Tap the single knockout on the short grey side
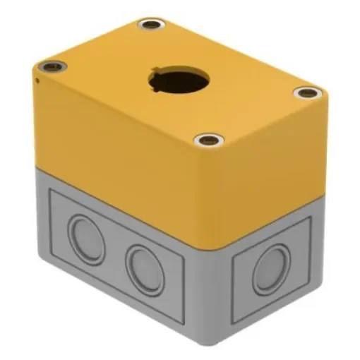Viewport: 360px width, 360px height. [x=270, y=269]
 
